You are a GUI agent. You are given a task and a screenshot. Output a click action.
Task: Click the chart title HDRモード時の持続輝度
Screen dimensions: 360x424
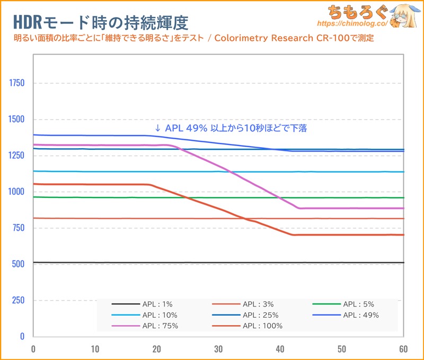[101, 22]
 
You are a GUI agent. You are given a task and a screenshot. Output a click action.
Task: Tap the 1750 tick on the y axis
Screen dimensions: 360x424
[17, 83]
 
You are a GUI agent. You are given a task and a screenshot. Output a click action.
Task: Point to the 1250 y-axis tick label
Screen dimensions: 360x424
[17, 156]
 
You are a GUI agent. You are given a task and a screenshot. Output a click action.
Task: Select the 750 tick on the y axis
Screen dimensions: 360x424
[19, 228]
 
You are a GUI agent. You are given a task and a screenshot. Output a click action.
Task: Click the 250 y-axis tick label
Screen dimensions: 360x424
[19, 300]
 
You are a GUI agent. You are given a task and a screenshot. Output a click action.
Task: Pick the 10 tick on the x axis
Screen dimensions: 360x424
[95, 349]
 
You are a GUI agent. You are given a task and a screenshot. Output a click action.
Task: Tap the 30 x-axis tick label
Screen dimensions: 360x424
[218, 349]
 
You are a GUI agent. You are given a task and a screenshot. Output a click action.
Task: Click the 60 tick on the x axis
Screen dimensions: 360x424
[403, 349]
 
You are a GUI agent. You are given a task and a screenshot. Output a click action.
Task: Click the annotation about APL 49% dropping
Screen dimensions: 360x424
[231, 128]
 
